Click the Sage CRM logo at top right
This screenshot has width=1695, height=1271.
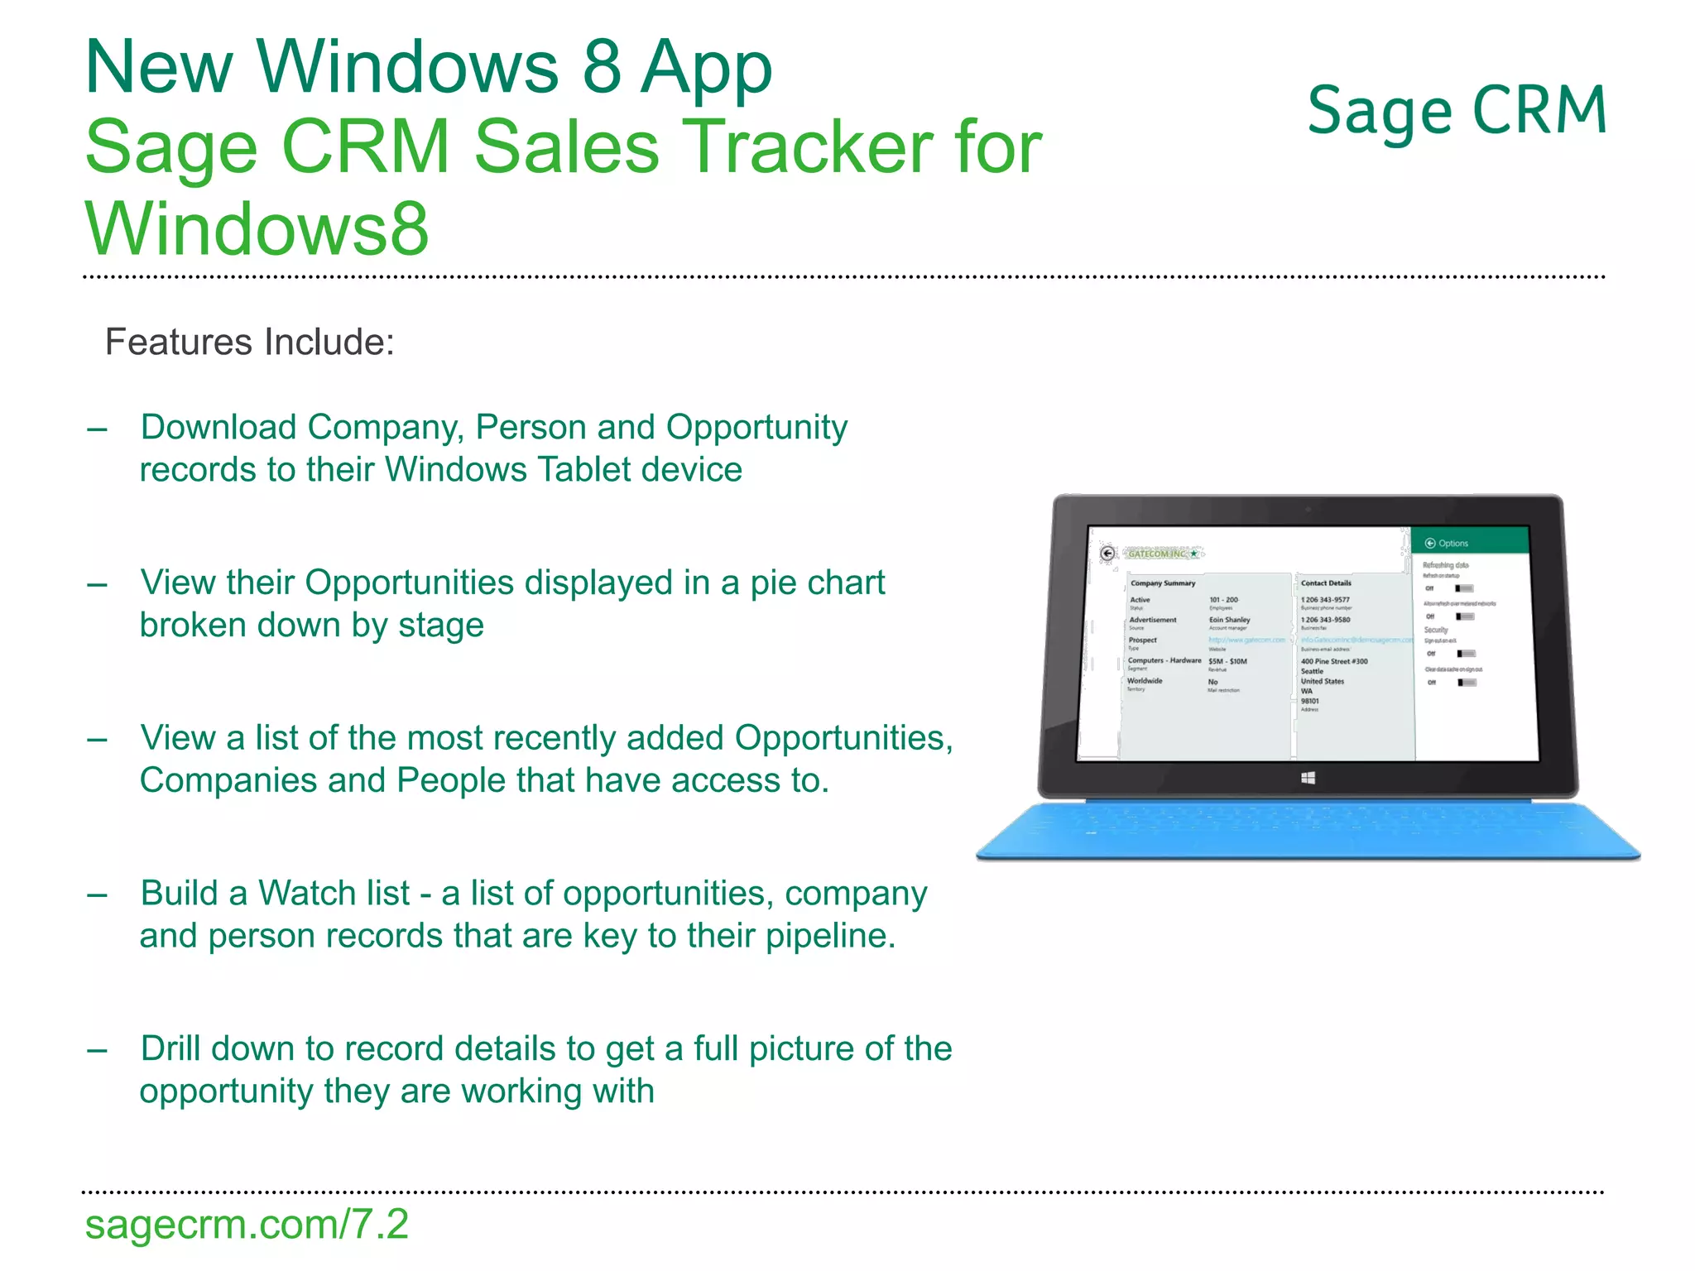pyautogui.click(x=1457, y=111)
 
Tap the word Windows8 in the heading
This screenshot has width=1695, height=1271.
pyautogui.click(x=257, y=228)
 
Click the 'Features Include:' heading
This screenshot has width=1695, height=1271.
pyautogui.click(x=249, y=342)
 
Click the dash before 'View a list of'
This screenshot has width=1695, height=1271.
pyautogui.click(x=98, y=739)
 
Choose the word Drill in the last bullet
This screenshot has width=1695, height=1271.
pyautogui.click(x=172, y=1048)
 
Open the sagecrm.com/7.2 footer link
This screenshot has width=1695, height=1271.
pyautogui.click(x=247, y=1224)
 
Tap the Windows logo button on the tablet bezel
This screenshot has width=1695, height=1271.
pyautogui.click(x=1308, y=778)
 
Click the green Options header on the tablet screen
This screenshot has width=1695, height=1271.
pyautogui.click(x=1469, y=543)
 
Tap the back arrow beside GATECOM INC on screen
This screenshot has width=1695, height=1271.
pyautogui.click(x=1107, y=554)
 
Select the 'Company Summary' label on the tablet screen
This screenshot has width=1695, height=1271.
pyautogui.click(x=1163, y=583)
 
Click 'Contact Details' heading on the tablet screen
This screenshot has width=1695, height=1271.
pyautogui.click(x=1326, y=583)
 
